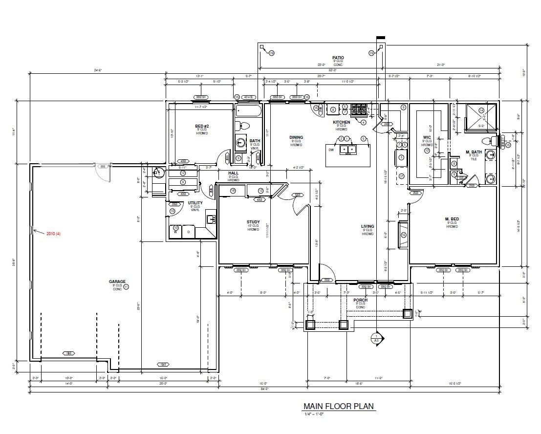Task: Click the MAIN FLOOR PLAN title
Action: point(339,406)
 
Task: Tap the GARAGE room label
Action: point(117,282)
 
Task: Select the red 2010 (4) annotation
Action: point(53,234)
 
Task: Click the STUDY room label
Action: point(253,221)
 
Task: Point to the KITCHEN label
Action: point(341,122)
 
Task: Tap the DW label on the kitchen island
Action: point(331,150)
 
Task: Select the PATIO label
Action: point(338,58)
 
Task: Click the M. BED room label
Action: point(451,218)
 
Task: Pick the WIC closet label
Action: point(427,138)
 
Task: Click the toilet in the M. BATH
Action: point(488,141)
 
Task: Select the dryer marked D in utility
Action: point(189,231)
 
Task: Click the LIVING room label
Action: point(368,226)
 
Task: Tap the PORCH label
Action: point(360,300)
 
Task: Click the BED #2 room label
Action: point(202,126)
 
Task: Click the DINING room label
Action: point(296,137)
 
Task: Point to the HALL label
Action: point(233,173)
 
